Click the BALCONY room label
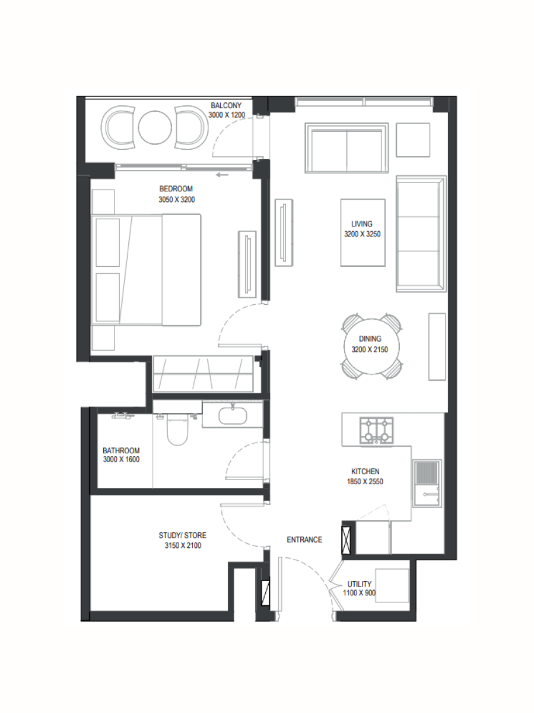point(226,106)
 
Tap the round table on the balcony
point(155,127)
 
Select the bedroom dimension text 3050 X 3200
point(177,200)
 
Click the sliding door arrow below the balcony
point(223,175)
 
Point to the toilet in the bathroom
point(177,430)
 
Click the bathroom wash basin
point(233,415)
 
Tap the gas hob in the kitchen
point(376,431)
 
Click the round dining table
point(371,346)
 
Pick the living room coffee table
point(363,232)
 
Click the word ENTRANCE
point(304,540)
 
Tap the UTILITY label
point(359,583)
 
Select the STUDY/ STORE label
point(183,535)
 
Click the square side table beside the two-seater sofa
point(413,140)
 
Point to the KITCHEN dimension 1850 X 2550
point(365,481)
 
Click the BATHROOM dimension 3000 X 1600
point(121,459)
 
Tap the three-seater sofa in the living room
point(421,234)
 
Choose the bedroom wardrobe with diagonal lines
point(203,374)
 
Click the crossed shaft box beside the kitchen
point(347,540)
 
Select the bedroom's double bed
point(146,269)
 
